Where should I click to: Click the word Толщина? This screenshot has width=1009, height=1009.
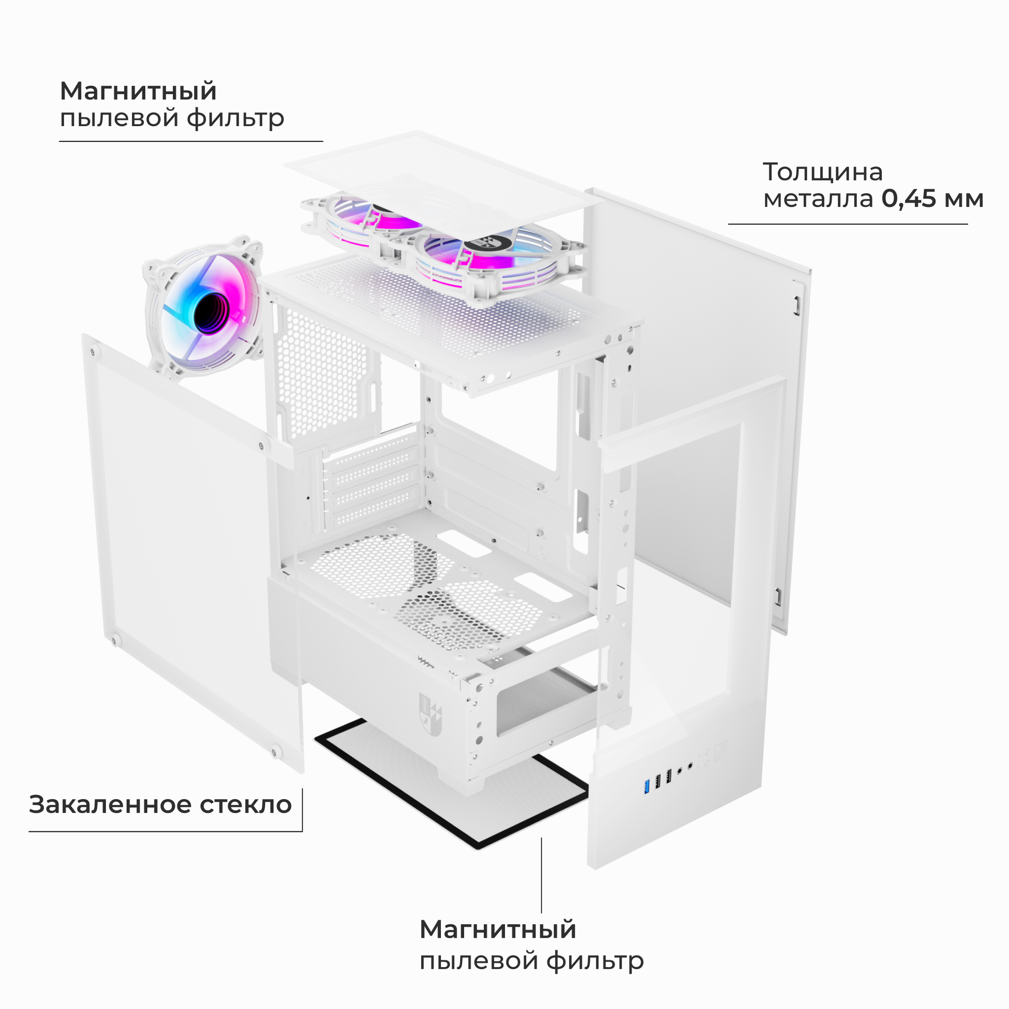822,173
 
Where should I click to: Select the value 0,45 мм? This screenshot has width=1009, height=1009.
932,199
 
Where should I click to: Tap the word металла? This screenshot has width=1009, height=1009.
818,199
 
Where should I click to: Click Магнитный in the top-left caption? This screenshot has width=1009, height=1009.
138,91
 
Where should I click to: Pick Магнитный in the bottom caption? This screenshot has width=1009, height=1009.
497,929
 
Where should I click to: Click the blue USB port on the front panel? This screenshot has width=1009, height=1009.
647,785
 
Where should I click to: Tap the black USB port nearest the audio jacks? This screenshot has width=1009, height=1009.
668,777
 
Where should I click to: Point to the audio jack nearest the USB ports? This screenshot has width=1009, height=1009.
680,770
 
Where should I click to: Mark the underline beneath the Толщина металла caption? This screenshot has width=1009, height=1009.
847,224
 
